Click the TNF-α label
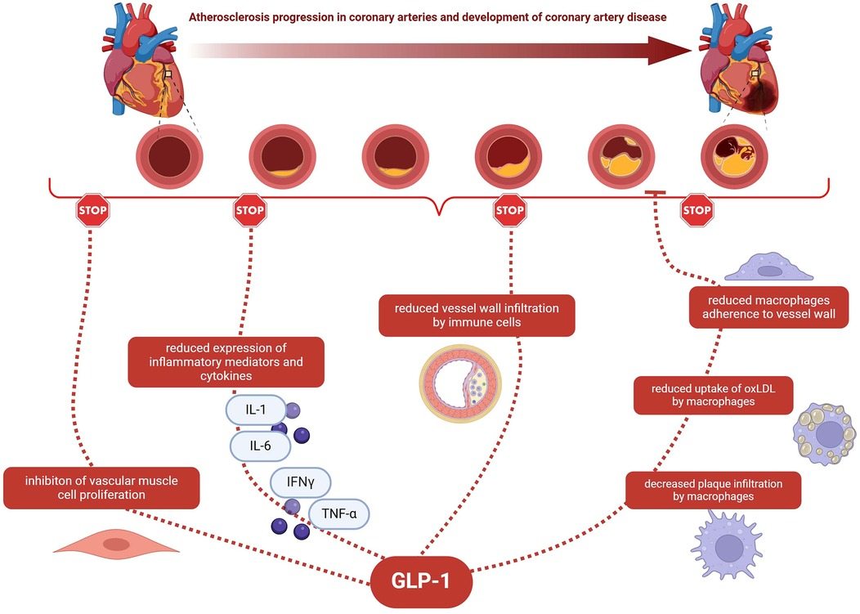point(338,514)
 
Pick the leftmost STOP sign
point(92,211)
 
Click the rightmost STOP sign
point(697,211)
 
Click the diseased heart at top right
point(737,65)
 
